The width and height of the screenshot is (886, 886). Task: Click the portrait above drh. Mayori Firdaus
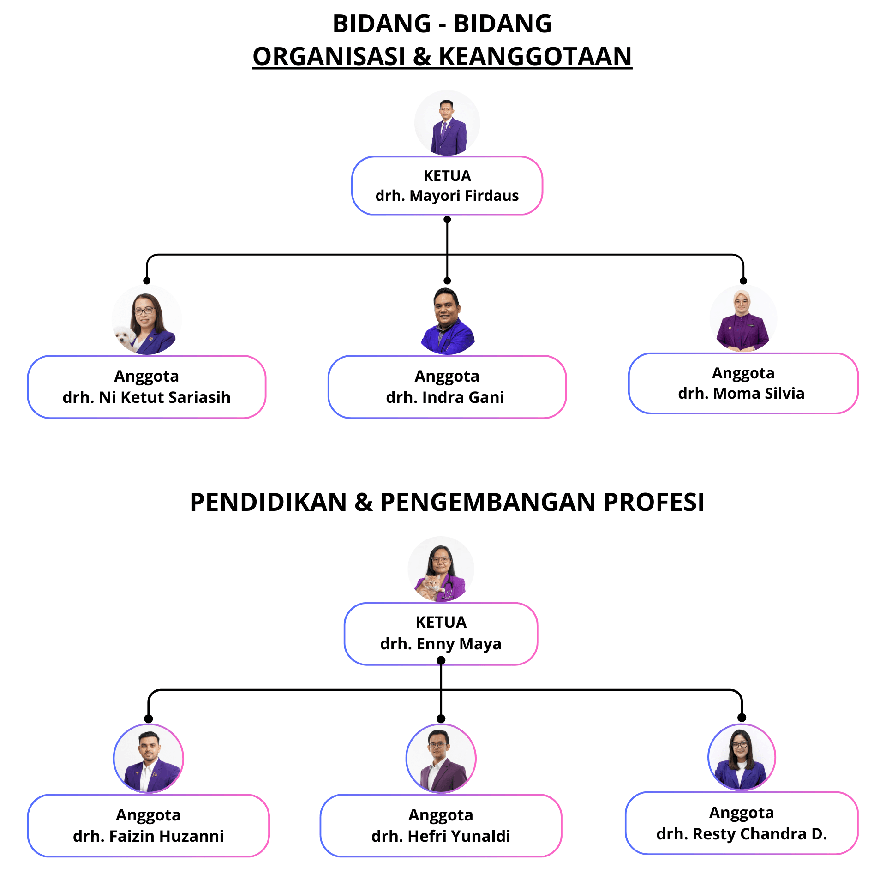pyautogui.click(x=447, y=123)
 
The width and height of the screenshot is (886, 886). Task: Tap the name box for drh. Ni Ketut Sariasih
pyautogui.click(x=147, y=387)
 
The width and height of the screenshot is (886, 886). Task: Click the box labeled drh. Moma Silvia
pyautogui.click(x=743, y=383)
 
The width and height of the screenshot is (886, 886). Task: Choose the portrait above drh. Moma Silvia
pyautogui.click(x=743, y=318)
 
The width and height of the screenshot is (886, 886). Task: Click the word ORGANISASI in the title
pyautogui.click(x=329, y=56)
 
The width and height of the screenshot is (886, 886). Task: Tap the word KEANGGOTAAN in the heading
pyautogui.click(x=535, y=56)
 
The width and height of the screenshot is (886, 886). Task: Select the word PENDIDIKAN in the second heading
pyautogui.click(x=268, y=502)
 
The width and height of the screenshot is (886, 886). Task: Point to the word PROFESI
pyautogui.click(x=654, y=502)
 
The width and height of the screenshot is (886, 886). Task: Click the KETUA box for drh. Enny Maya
pyautogui.click(x=441, y=634)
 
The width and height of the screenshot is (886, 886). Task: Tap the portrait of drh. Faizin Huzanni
pyautogui.click(x=149, y=758)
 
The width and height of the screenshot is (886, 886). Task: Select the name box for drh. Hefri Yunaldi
pyautogui.click(x=441, y=826)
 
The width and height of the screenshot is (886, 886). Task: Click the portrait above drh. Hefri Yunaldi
pyautogui.click(x=441, y=758)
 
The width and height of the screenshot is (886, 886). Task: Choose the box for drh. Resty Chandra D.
pyautogui.click(x=742, y=823)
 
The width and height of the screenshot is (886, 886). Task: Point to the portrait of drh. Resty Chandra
pyautogui.click(x=742, y=757)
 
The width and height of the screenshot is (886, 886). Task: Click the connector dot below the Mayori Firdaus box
pyautogui.click(x=447, y=219)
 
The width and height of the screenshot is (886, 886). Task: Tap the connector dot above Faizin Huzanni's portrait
pyautogui.click(x=149, y=718)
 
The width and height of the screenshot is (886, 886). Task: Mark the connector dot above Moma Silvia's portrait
pyautogui.click(x=743, y=281)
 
